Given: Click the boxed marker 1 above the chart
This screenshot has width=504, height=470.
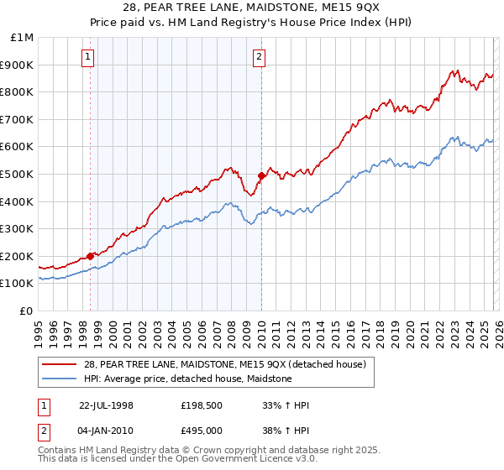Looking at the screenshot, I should (89, 57).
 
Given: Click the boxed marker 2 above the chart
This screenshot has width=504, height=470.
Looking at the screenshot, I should (259, 57).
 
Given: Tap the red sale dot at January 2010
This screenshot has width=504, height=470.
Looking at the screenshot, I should (261, 175).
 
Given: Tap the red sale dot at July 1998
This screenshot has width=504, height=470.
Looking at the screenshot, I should (91, 256).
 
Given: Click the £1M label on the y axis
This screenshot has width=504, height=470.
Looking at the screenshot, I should (23, 37).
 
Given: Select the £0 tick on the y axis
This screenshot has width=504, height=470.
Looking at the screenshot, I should (27, 311).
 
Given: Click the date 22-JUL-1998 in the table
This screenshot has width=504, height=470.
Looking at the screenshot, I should (106, 405).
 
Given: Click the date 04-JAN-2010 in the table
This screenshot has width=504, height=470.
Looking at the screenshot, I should (106, 430).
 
